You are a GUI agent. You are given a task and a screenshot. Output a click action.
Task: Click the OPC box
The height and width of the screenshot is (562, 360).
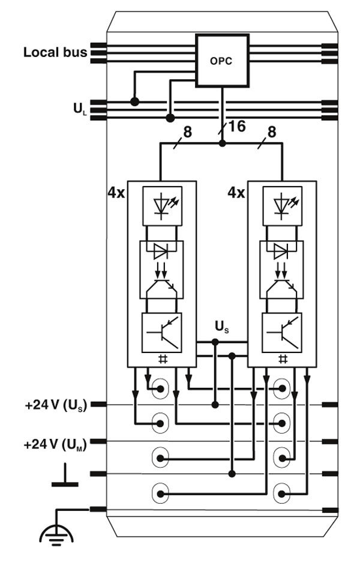(222, 61)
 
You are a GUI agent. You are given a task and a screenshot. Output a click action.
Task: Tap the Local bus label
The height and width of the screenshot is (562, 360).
(55, 52)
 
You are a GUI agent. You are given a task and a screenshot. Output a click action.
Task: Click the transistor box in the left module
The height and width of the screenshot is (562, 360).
(161, 331)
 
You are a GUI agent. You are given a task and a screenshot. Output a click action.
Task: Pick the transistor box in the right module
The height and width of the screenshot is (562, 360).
(281, 331)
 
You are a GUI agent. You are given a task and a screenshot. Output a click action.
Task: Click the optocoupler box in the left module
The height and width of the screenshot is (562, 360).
(161, 269)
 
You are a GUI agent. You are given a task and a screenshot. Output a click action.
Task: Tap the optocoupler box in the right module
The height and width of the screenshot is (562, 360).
(281, 269)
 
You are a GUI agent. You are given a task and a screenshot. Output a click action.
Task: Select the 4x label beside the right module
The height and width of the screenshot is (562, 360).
(236, 193)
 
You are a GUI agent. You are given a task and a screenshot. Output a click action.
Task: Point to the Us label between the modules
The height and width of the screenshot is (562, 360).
(222, 328)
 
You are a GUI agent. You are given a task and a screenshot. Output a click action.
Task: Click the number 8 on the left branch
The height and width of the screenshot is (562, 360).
(188, 132)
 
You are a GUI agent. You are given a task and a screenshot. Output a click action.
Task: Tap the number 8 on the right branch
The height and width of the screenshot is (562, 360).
(271, 132)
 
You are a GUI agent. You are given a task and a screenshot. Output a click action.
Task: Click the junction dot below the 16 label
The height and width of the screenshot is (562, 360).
(222, 144)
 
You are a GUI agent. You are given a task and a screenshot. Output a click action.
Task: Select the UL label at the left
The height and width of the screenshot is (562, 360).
(77, 110)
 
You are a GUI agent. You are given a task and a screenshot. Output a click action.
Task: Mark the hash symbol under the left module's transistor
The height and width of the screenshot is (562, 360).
(161, 358)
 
